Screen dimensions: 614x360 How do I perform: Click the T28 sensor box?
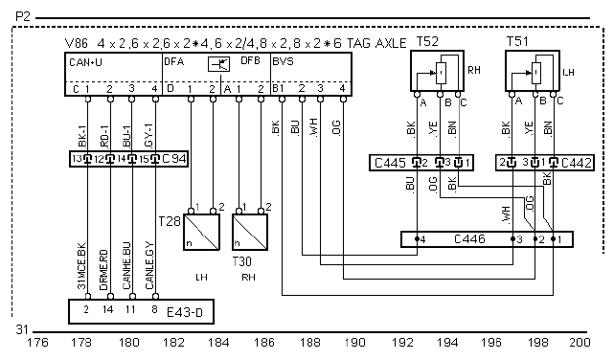click(x=202, y=232)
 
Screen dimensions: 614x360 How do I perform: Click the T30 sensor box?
click(x=250, y=232)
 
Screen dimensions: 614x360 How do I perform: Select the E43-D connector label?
click(x=185, y=312)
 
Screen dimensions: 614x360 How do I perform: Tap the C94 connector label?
click(x=174, y=159)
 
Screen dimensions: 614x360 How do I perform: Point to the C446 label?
click(x=469, y=238)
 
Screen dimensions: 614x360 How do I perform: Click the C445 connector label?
click(x=390, y=163)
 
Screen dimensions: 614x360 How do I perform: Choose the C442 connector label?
click(x=576, y=163)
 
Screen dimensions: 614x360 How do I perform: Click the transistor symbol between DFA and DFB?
click(x=219, y=64)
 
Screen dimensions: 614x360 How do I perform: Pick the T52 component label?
click(x=427, y=41)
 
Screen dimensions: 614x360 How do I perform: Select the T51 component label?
click(x=517, y=41)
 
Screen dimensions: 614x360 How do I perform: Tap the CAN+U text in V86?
click(x=85, y=62)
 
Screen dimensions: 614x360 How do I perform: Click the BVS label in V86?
click(x=283, y=62)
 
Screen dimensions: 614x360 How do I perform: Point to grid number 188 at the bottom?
click(x=309, y=343)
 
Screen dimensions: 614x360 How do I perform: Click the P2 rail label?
click(x=23, y=17)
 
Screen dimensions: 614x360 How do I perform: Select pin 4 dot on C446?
click(x=418, y=238)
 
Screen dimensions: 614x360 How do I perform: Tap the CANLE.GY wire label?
click(x=149, y=266)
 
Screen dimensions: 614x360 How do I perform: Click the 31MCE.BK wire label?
click(x=81, y=266)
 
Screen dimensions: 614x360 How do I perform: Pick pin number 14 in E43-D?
click(x=107, y=309)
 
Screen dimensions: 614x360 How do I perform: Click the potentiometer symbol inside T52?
click(x=441, y=73)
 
